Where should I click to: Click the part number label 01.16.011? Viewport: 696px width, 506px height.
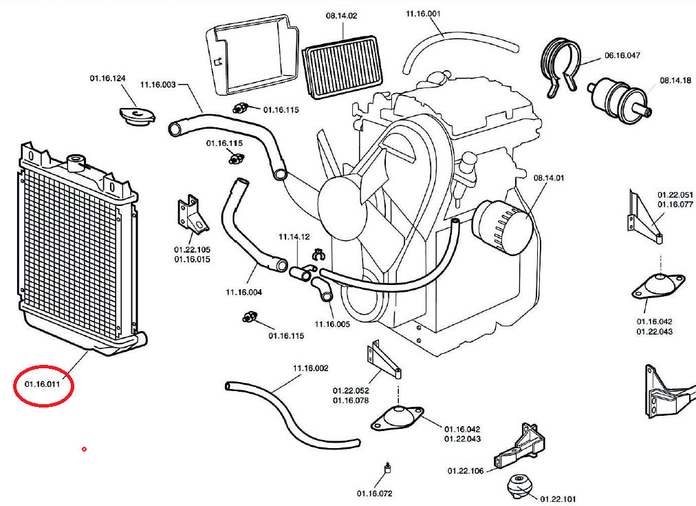point(43,384)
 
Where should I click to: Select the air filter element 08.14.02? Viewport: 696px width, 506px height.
point(342,67)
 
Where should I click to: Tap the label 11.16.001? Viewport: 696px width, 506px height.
point(423,14)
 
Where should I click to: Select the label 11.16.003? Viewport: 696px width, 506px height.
point(157,85)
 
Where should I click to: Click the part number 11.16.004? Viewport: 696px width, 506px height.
point(244,292)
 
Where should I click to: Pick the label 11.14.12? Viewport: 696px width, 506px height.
point(294,237)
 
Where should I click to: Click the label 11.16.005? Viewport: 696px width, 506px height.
point(332,324)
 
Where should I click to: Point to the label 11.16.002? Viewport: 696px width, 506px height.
point(311,368)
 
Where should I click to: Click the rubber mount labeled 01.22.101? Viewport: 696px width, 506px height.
point(519,486)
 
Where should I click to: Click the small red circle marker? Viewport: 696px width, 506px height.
point(84,450)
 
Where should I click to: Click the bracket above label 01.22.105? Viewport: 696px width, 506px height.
point(192,215)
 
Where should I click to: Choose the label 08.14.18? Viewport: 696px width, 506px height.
point(675,81)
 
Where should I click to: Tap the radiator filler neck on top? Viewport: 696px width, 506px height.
point(75,163)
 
